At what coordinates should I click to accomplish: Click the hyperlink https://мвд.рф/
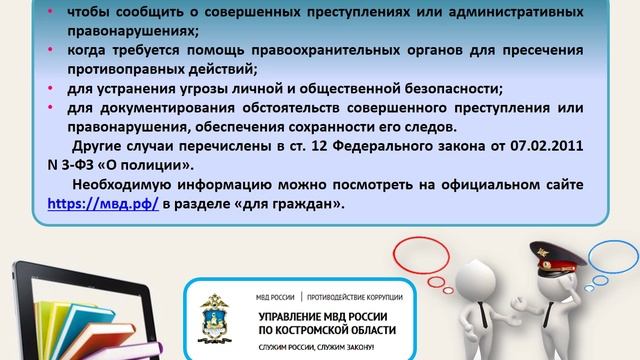103,203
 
